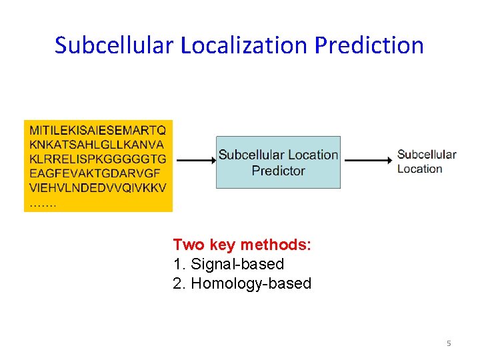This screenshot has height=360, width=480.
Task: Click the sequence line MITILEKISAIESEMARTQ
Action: (x=98, y=129)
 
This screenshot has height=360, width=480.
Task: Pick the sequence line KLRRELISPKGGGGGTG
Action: (x=97, y=159)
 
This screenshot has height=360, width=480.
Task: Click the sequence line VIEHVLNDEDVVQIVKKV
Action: (x=97, y=189)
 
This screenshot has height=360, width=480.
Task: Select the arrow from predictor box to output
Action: (x=368, y=161)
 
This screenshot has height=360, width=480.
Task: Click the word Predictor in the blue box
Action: (x=278, y=171)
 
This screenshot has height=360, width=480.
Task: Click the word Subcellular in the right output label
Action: (x=427, y=155)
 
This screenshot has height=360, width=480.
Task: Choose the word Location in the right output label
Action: (x=420, y=169)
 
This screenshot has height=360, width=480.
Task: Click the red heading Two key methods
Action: (x=242, y=245)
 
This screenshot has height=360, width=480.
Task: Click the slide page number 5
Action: (x=449, y=343)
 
